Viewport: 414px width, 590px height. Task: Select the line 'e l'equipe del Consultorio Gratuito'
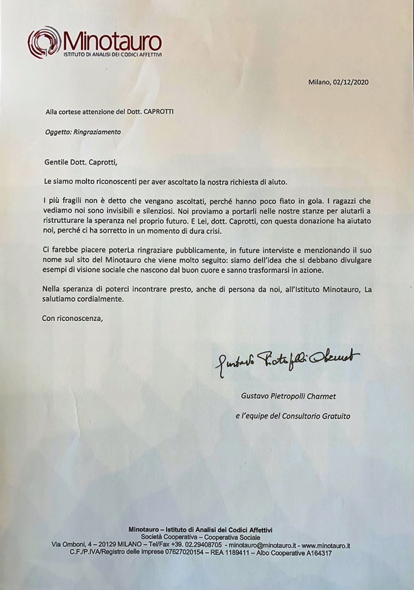click(x=293, y=416)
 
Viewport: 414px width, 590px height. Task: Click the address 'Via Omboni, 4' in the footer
click(x=75, y=545)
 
